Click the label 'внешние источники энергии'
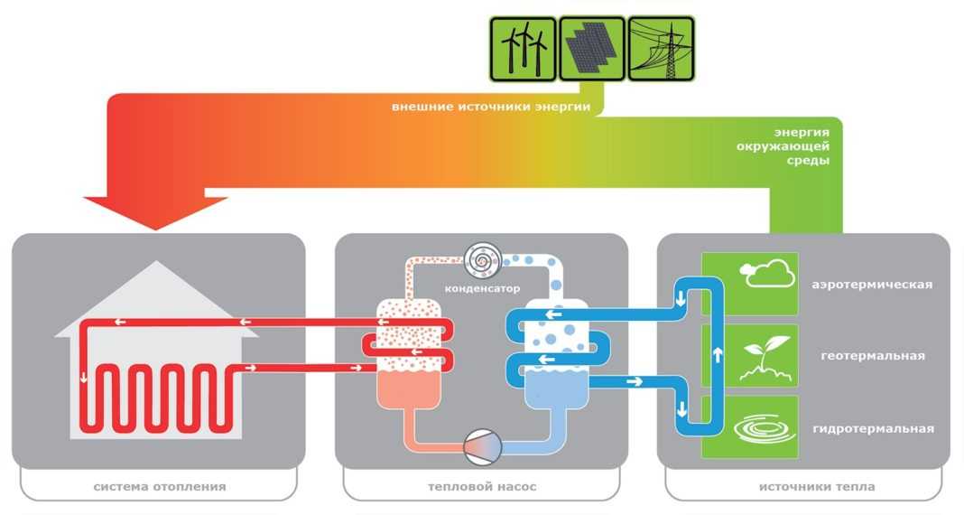point(491,107)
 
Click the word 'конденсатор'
point(484,289)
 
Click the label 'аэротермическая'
point(871,285)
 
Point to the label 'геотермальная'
point(873,356)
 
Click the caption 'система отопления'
point(159,487)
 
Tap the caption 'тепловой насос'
point(482,487)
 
